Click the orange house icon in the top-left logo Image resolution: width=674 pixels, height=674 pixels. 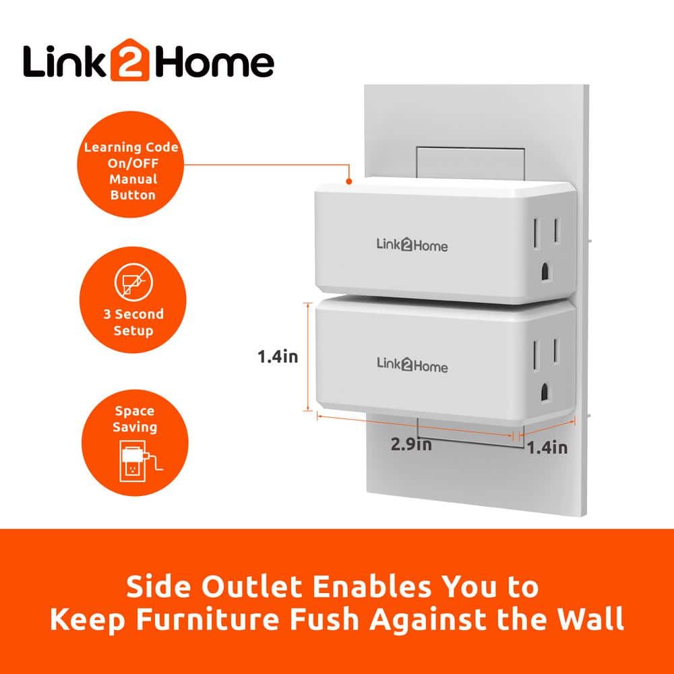[130, 60]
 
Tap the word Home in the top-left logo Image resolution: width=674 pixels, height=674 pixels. [213, 63]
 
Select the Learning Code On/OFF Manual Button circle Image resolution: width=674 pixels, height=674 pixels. [131, 164]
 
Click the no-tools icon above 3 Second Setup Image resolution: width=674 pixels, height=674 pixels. [133, 282]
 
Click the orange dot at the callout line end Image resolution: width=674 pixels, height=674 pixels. [349, 181]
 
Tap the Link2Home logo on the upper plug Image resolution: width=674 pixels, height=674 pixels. [412, 245]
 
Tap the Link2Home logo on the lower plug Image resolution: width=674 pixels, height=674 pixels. [412, 365]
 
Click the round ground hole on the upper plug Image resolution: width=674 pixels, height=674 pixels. [545, 272]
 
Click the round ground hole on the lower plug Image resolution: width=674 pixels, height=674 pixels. [545, 392]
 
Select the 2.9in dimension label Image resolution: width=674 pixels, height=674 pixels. [411, 444]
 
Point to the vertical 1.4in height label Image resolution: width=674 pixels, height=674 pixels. [278, 357]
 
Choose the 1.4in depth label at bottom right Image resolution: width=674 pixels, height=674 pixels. [547, 448]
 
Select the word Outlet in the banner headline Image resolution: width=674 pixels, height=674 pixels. [252, 586]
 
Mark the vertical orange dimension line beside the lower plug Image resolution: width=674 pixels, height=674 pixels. [308, 357]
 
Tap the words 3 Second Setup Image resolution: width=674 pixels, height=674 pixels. [133, 322]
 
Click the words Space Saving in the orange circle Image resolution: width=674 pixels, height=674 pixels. [135, 419]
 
